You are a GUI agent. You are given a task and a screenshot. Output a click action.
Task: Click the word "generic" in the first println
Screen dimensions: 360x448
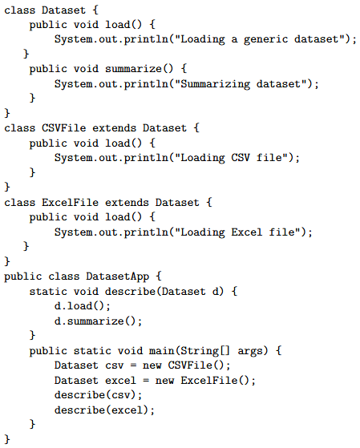coord(265,39)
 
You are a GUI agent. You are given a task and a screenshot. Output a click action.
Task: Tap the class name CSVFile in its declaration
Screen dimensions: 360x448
coord(64,127)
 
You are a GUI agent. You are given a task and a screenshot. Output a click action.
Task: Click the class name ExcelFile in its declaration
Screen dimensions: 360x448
coord(70,202)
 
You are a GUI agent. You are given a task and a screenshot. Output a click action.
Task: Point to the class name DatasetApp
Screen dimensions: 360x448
coord(118,276)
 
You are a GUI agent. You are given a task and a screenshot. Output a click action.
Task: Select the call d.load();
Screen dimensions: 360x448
coord(83,306)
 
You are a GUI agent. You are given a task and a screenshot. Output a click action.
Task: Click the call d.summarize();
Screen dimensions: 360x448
coord(98,321)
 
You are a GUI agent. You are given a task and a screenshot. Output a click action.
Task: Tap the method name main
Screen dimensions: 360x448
coord(161,351)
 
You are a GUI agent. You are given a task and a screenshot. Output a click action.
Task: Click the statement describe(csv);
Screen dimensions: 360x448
coord(98,395)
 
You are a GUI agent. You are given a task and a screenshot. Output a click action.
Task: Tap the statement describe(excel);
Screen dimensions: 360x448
coord(104,410)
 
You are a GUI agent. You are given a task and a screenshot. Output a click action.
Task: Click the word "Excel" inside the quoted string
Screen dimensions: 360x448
coord(246,232)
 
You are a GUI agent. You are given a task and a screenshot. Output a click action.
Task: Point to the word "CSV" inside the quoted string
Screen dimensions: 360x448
coord(241,158)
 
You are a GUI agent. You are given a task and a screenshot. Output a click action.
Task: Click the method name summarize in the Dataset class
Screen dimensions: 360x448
coord(133,69)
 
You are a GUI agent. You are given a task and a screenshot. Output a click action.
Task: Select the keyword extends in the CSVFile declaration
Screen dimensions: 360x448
coord(115,127)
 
